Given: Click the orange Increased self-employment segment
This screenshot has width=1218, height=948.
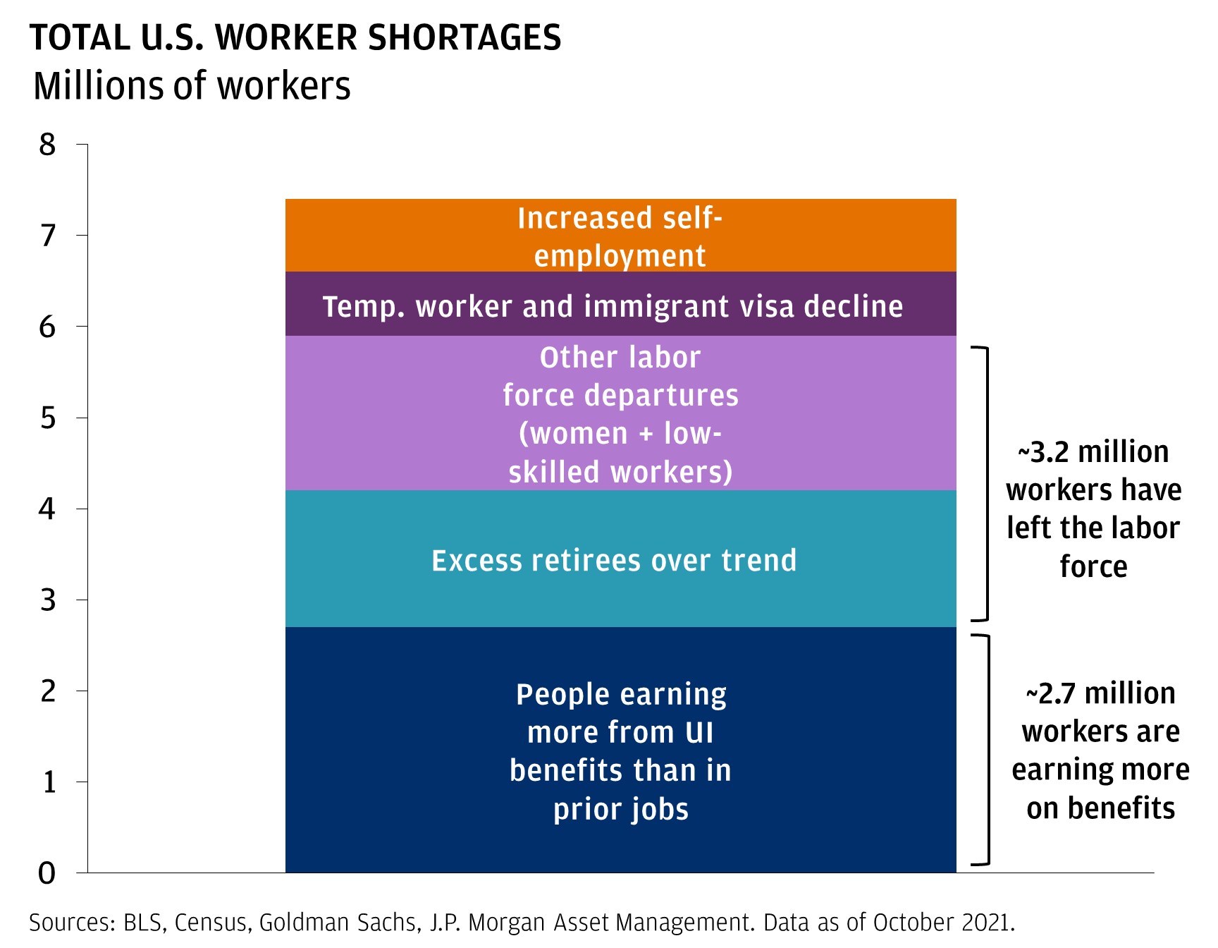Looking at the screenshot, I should (x=620, y=236).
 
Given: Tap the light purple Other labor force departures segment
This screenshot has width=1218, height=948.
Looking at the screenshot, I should (x=620, y=413).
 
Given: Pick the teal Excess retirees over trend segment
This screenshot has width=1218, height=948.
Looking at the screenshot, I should (x=620, y=559).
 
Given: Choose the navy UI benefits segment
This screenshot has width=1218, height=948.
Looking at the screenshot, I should (x=620, y=750).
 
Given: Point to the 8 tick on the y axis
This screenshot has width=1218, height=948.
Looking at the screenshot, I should (x=47, y=145).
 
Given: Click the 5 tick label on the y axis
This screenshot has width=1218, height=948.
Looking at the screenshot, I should (x=47, y=418).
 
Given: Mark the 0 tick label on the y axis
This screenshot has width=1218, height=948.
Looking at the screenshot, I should (x=47, y=873).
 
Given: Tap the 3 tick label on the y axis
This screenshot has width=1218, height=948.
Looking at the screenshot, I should (x=47, y=600).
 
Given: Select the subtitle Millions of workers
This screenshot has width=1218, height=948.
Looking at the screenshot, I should (x=192, y=86).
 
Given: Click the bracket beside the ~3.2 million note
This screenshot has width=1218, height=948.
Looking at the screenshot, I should (x=985, y=484).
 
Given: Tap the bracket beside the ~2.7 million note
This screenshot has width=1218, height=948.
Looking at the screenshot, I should (x=987, y=750).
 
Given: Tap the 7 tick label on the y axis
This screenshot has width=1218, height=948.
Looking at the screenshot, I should (x=47, y=236).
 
